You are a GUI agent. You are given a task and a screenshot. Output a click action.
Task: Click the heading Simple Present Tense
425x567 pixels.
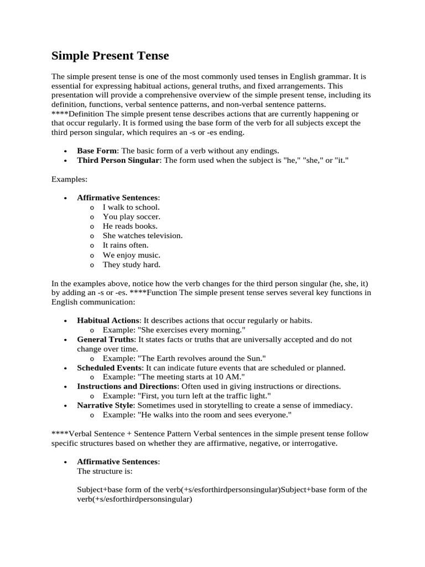coord(110,56)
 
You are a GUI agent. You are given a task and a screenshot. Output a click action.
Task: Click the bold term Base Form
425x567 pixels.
coord(97,151)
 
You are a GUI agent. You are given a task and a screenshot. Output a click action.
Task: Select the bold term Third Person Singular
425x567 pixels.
coord(118,160)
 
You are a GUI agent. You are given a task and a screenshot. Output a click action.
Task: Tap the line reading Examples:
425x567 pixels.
coord(69,179)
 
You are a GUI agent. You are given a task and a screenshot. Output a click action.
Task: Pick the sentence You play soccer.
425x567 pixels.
coord(132,217)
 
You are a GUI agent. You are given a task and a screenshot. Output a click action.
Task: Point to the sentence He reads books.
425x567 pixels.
coord(130,226)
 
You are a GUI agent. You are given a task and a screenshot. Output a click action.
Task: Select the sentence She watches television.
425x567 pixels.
coord(143,235)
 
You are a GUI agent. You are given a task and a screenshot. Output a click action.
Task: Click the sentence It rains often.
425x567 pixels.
coord(126,245)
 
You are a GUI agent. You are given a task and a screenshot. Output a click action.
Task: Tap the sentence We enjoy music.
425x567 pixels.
coord(132,255)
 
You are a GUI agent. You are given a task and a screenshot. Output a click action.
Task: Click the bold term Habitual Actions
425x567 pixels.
coord(108,320)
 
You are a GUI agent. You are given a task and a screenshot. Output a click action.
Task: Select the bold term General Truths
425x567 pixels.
coord(105,339)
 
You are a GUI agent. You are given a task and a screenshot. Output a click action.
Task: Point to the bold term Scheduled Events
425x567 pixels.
coord(110,368)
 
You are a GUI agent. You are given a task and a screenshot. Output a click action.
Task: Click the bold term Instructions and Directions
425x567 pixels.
coord(127,386)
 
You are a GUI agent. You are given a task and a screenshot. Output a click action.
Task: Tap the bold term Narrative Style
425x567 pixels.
coord(105,405)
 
